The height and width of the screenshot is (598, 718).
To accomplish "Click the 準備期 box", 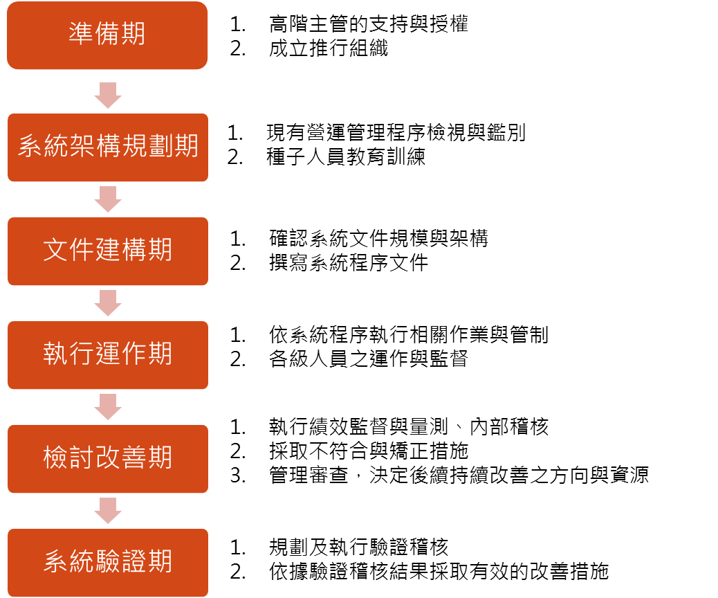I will [107, 35].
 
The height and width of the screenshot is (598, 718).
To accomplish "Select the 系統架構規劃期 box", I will [107, 147].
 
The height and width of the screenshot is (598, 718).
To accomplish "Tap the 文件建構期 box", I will [107, 251].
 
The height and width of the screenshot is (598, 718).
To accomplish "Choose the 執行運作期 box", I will [107, 354].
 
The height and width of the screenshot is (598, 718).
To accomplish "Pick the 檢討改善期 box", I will [107, 458].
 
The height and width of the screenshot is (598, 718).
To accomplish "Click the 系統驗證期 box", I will [107, 562].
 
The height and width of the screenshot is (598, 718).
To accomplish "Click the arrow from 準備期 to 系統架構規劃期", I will [108, 95].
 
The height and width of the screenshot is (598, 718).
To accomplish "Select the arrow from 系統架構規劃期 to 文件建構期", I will [108, 199].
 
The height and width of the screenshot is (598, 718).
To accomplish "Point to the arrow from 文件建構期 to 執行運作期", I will [108, 303].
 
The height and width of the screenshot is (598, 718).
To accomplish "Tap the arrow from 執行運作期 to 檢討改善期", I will [108, 407].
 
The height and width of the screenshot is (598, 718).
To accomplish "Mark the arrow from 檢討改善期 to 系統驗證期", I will [108, 511].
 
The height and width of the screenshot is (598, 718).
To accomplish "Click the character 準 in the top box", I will [82, 34].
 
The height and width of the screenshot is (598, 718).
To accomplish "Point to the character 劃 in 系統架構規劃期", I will [160, 146].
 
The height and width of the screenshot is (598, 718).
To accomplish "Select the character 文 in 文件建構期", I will [55, 250].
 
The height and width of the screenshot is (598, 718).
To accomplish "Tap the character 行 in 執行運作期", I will [82, 354].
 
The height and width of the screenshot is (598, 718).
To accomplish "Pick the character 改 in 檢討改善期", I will [108, 457].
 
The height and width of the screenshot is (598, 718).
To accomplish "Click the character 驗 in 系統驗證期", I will [108, 561].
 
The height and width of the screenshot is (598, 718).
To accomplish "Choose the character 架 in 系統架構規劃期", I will [82, 146].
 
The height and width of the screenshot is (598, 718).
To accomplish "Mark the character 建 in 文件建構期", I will [108, 250].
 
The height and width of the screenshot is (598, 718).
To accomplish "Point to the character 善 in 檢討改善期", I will [134, 457].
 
